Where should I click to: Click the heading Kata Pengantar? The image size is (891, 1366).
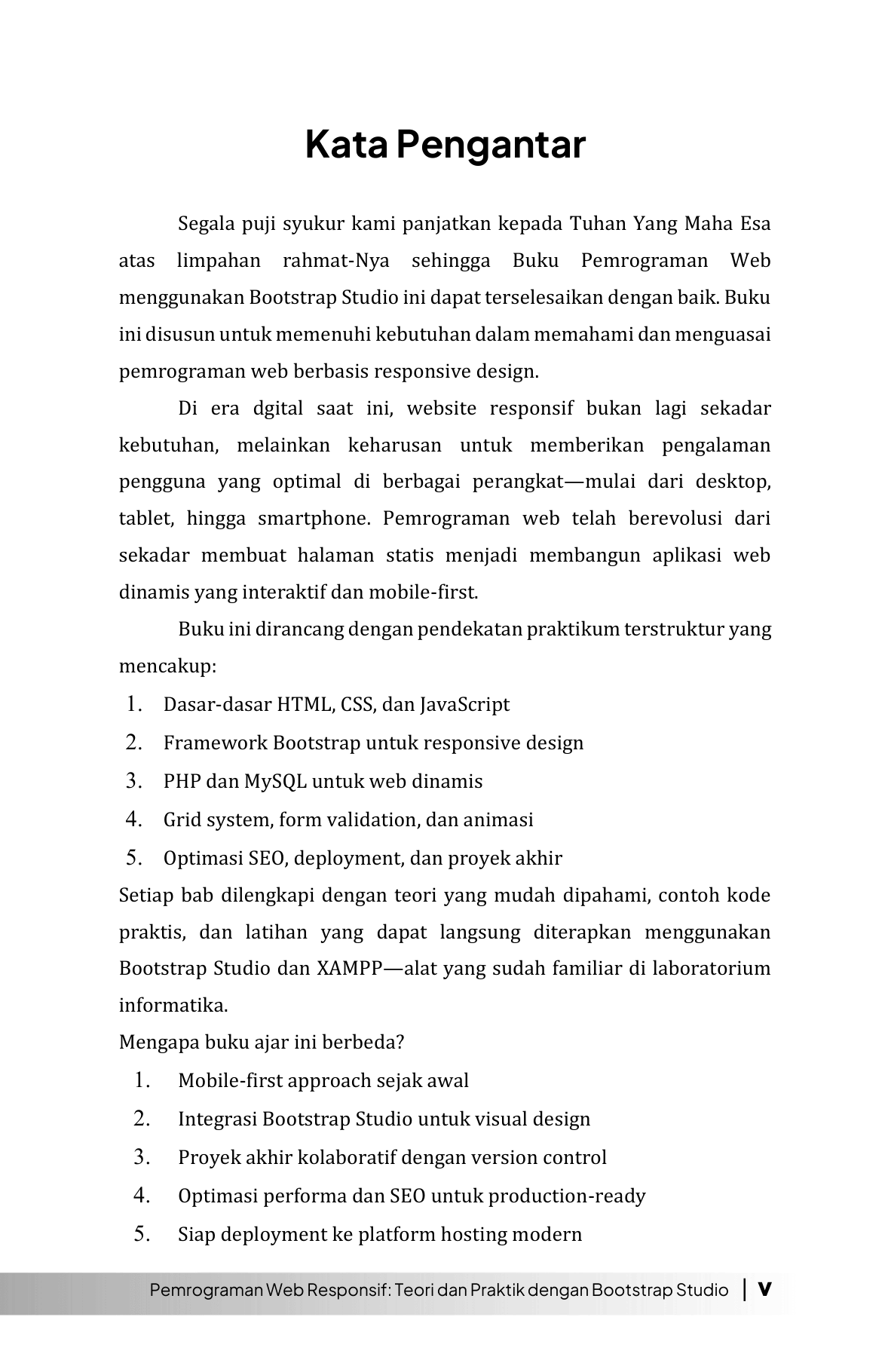(445, 145)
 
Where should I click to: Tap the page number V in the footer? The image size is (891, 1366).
(764, 1289)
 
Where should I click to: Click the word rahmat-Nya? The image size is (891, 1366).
(335, 261)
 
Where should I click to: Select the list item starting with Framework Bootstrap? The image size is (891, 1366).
(373, 743)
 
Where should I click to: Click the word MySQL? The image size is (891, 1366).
(275, 781)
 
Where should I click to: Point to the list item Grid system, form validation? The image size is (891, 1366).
(348, 819)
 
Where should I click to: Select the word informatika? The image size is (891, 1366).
(173, 1005)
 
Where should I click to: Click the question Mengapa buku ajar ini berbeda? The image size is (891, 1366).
(262, 1042)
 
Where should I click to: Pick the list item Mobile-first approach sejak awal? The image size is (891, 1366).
(323, 1080)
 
